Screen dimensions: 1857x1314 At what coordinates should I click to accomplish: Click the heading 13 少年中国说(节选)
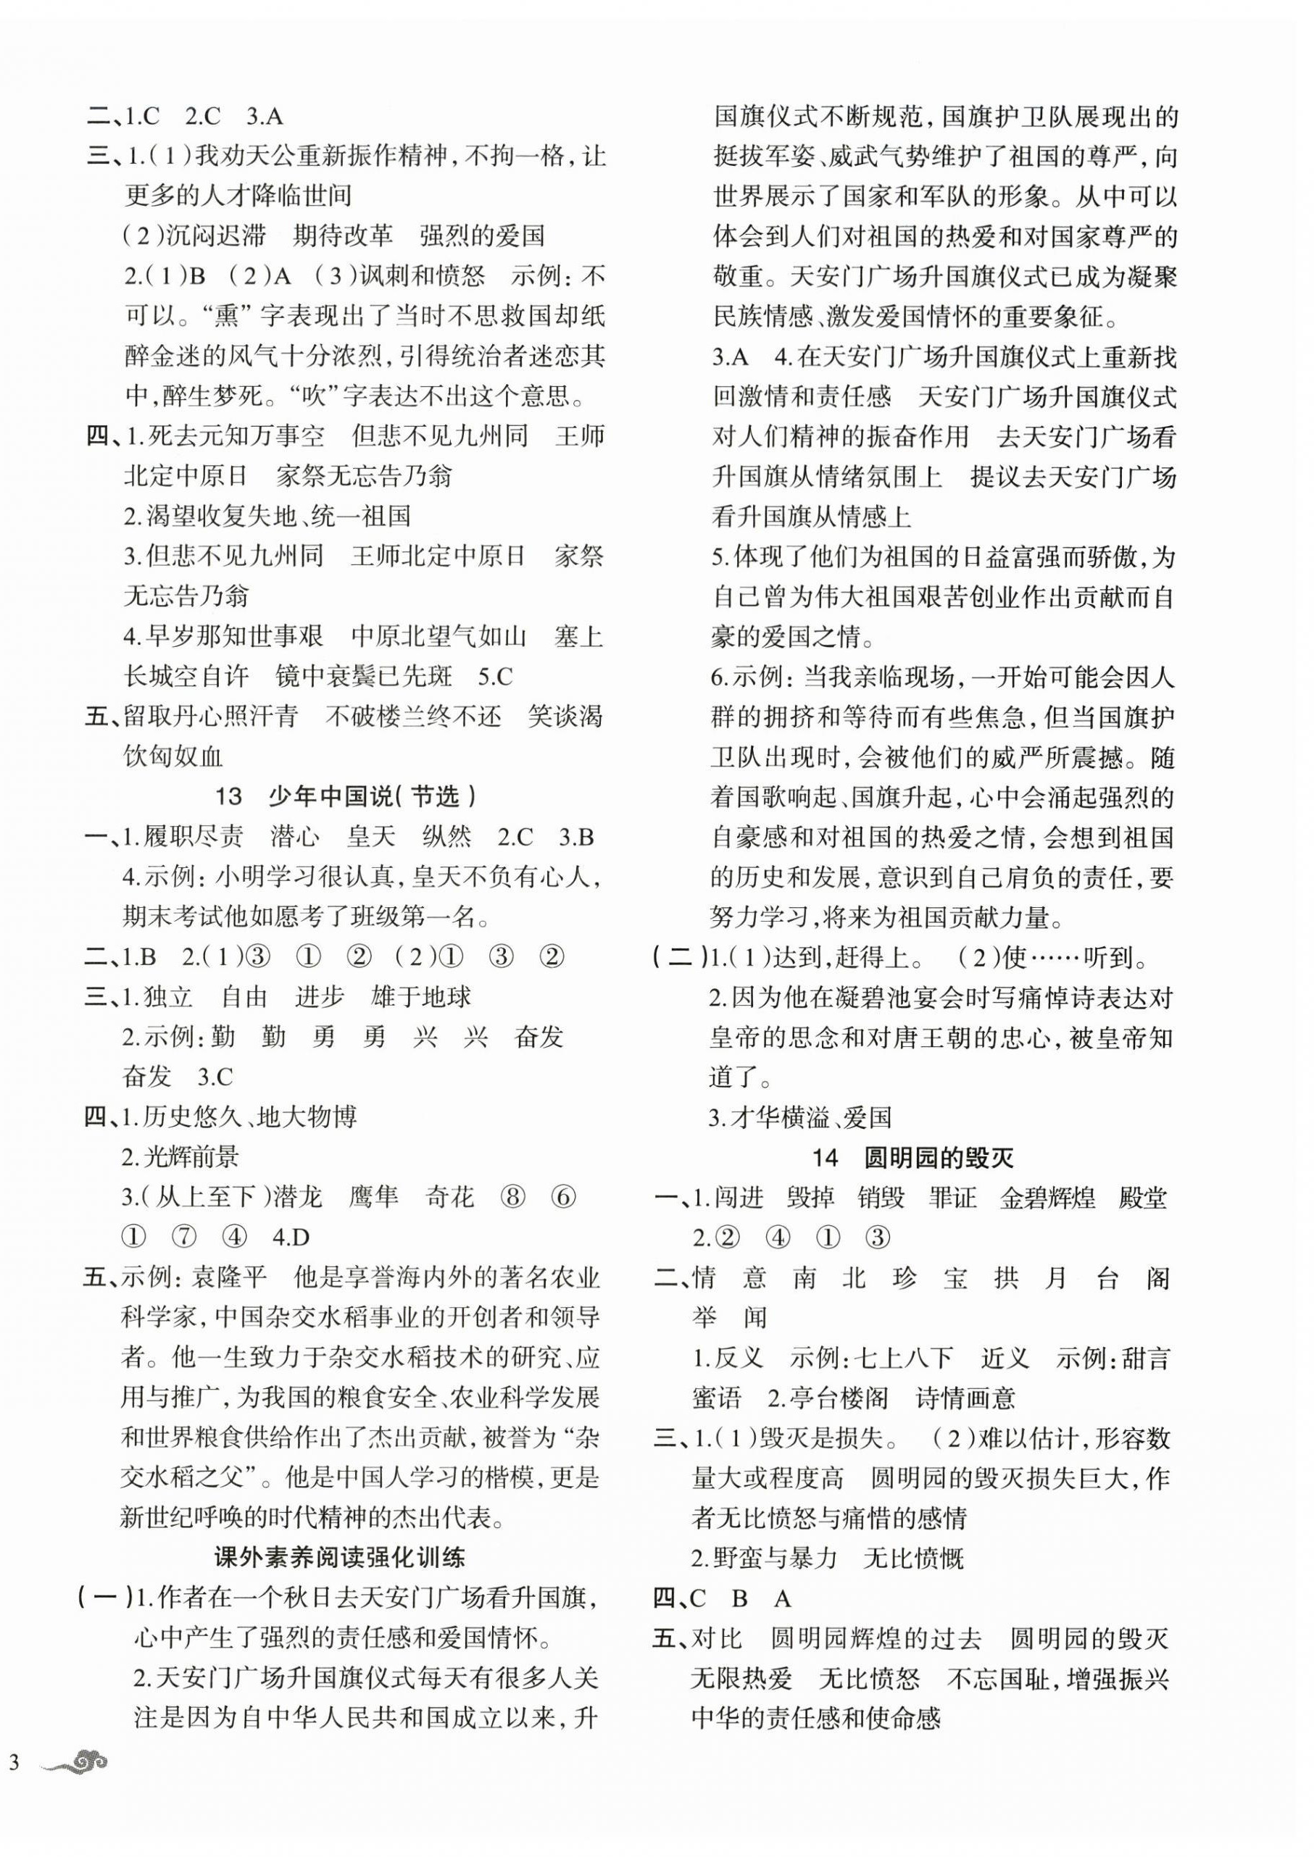coord(346,797)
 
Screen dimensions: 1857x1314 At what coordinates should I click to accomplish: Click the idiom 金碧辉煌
coord(1048,1198)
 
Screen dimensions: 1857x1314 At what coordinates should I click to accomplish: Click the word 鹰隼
coord(374,1198)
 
